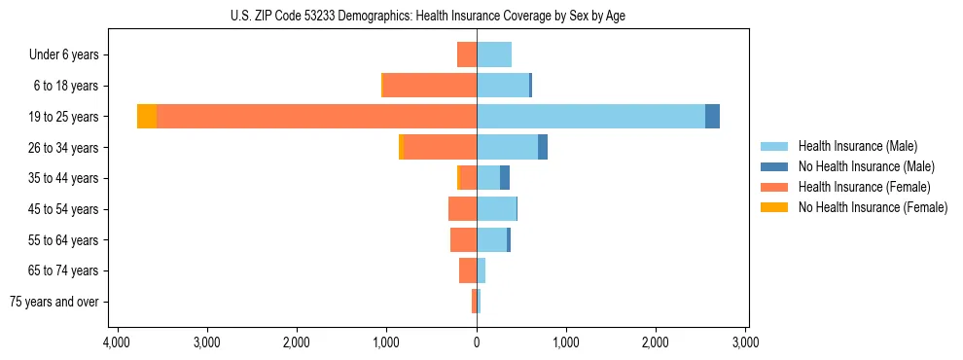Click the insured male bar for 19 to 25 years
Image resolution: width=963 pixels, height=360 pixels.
[590, 117]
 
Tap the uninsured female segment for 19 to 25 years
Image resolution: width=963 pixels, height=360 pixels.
[147, 117]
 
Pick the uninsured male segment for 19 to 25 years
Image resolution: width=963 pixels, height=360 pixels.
[712, 117]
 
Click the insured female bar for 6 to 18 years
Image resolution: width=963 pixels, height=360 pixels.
[430, 86]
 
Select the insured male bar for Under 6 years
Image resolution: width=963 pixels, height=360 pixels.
[494, 54]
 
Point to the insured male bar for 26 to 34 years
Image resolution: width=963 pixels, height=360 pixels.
[507, 147]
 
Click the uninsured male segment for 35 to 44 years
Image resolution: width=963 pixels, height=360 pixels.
[505, 178]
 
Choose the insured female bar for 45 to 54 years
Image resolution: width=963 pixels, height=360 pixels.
[462, 209]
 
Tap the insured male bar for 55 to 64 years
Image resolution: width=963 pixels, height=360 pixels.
[491, 239]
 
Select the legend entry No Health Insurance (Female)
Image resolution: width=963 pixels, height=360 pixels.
[873, 207]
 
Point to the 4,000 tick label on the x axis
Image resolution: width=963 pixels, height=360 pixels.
[116, 342]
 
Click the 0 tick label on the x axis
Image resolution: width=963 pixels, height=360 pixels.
[477, 342]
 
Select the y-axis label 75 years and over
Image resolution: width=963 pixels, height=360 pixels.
[53, 302]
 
